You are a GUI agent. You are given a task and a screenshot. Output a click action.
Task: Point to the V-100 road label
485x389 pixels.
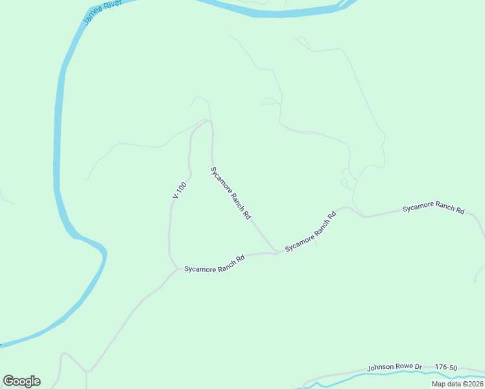[180, 190]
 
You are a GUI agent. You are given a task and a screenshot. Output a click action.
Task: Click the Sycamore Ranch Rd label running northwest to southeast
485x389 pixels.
[231, 193]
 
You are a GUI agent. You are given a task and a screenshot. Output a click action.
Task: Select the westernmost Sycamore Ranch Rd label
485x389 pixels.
[214, 263]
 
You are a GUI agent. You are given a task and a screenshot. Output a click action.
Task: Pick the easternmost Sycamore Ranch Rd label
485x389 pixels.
[433, 208]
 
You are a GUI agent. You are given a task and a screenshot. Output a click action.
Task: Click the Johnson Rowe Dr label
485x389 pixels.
[394, 367]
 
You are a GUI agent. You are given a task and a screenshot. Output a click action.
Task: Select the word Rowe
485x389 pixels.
[405, 367]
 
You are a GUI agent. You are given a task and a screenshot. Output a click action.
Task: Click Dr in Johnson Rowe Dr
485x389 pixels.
[419, 367]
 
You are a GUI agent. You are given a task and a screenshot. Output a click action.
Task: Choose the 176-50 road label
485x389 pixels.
[446, 367]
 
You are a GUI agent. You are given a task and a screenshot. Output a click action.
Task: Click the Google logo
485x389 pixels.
[21, 381]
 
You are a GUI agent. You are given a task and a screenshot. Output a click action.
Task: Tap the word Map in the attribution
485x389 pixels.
[439, 384]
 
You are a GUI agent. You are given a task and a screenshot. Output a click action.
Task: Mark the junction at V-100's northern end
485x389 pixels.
[207, 121]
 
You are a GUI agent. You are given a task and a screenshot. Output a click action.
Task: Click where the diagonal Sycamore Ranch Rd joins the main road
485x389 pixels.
[276, 252]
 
